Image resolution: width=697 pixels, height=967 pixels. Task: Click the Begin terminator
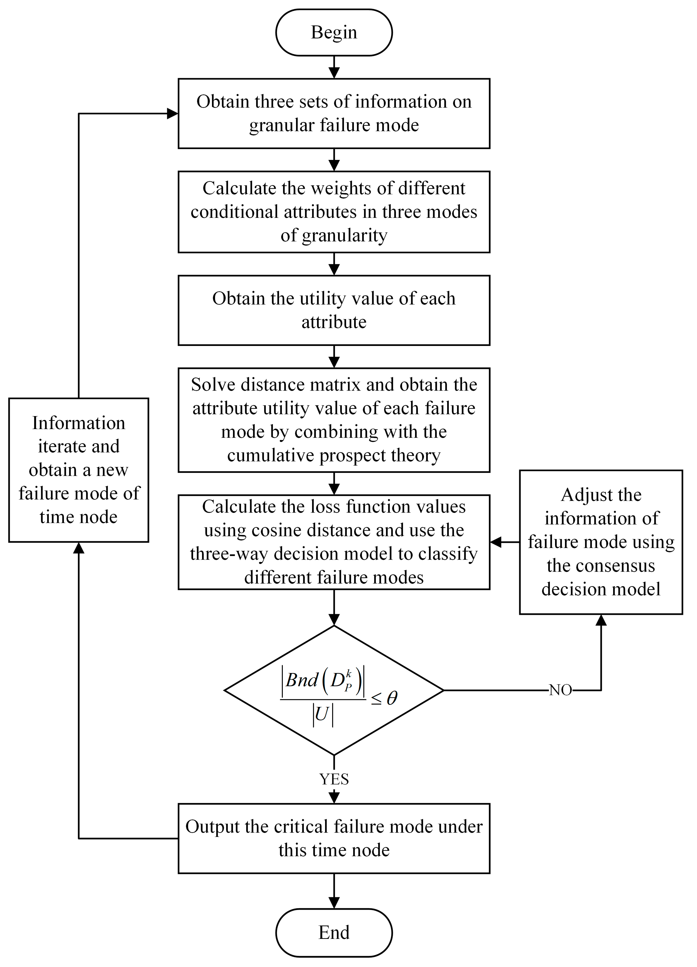tap(334, 32)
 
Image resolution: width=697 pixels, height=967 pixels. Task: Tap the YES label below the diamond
tap(334, 779)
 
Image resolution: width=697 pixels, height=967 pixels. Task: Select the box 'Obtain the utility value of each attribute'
tap(334, 310)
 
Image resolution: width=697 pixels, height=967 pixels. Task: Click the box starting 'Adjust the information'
tap(601, 542)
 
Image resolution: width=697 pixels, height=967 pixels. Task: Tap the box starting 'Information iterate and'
tap(78, 470)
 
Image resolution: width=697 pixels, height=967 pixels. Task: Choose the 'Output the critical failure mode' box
tap(334, 838)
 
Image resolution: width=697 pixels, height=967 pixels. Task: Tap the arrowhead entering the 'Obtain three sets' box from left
tap(173, 113)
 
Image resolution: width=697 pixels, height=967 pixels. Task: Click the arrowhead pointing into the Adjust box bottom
tap(601, 620)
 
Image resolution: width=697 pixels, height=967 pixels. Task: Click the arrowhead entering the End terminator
tap(334, 903)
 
